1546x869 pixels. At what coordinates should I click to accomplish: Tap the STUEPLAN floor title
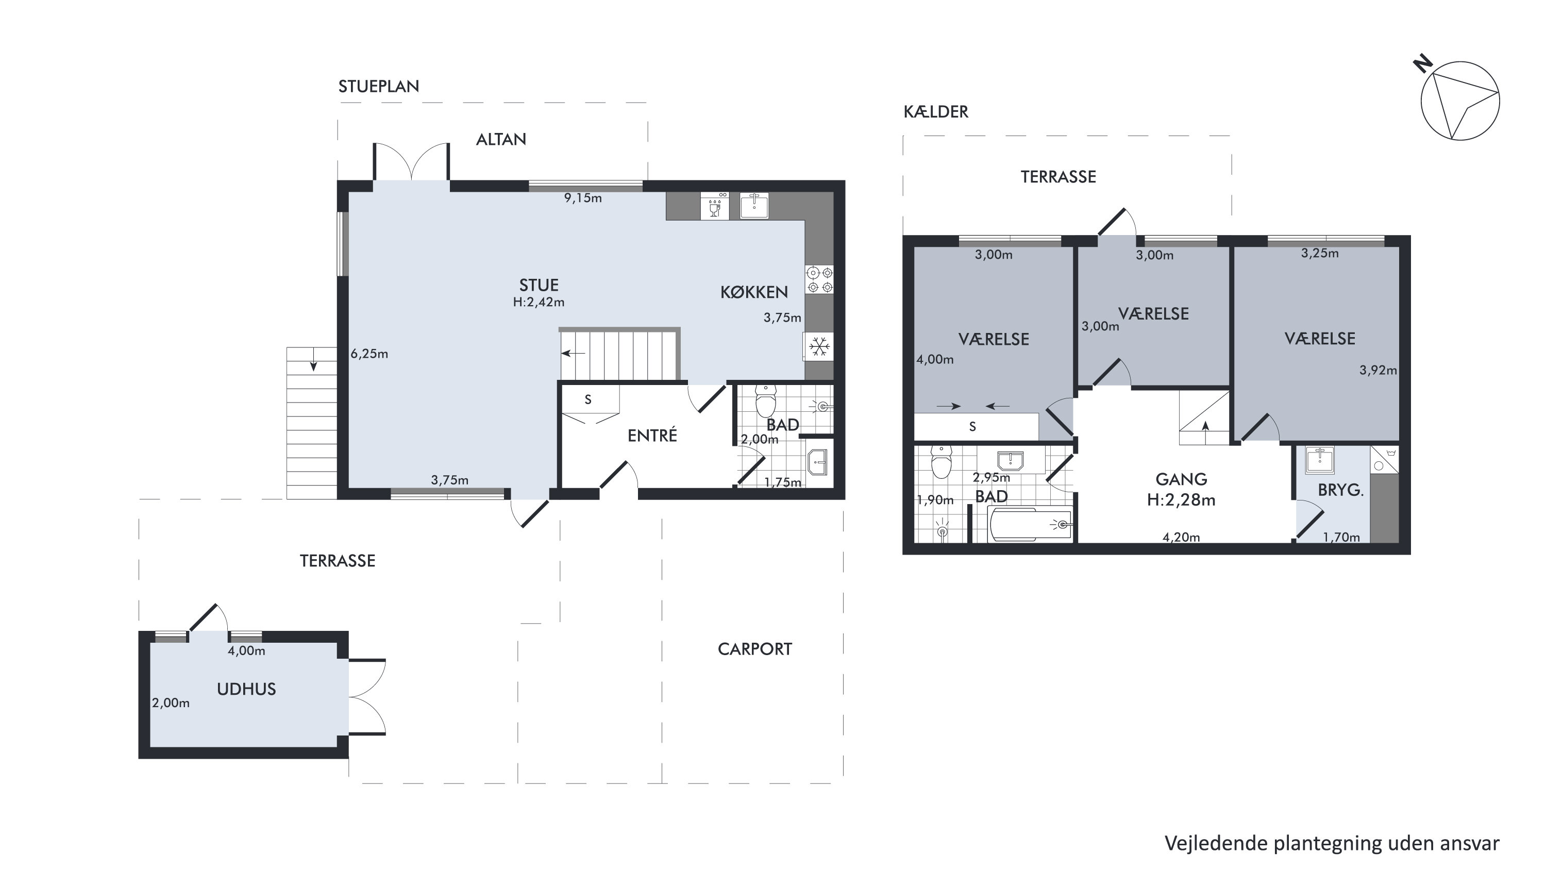(379, 87)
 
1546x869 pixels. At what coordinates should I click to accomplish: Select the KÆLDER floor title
(936, 112)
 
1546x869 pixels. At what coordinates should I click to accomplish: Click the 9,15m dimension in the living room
(583, 198)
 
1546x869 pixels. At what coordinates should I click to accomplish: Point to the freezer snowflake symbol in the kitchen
(819, 347)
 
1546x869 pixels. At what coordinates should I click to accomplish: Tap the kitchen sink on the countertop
(754, 206)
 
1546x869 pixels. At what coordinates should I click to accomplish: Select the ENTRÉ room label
(652, 435)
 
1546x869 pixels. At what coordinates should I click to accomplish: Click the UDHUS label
(246, 689)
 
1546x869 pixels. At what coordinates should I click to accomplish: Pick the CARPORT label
(755, 649)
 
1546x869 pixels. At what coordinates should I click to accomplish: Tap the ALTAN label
(501, 139)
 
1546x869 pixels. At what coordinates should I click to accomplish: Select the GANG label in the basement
(1181, 479)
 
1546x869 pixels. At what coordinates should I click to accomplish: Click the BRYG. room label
(1341, 490)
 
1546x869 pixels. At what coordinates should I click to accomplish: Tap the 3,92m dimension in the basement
(1378, 370)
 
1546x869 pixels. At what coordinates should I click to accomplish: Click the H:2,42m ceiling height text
(539, 303)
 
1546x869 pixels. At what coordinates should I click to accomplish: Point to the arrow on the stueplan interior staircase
(573, 354)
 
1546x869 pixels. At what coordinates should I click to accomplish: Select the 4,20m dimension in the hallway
(1181, 537)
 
